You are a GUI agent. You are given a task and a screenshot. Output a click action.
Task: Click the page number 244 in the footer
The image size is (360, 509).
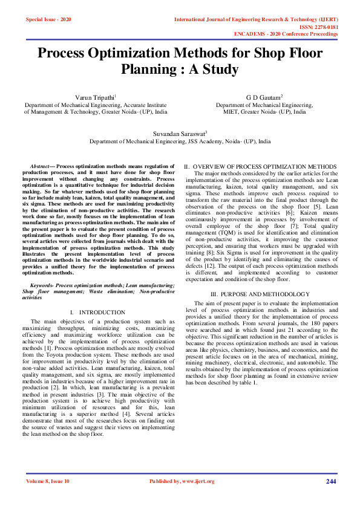point(331,481)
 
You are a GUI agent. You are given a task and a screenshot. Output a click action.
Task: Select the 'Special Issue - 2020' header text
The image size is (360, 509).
point(48,20)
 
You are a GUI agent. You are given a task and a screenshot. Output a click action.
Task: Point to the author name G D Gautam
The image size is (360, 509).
point(264,97)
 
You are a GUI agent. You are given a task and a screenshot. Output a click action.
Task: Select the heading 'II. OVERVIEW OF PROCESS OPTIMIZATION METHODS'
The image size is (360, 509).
point(261,166)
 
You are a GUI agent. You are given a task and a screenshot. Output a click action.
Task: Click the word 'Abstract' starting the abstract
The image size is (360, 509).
point(41,166)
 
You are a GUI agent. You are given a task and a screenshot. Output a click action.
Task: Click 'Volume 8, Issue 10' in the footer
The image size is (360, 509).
point(48,481)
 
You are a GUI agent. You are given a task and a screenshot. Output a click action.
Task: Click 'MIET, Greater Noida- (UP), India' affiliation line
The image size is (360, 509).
point(264,111)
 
